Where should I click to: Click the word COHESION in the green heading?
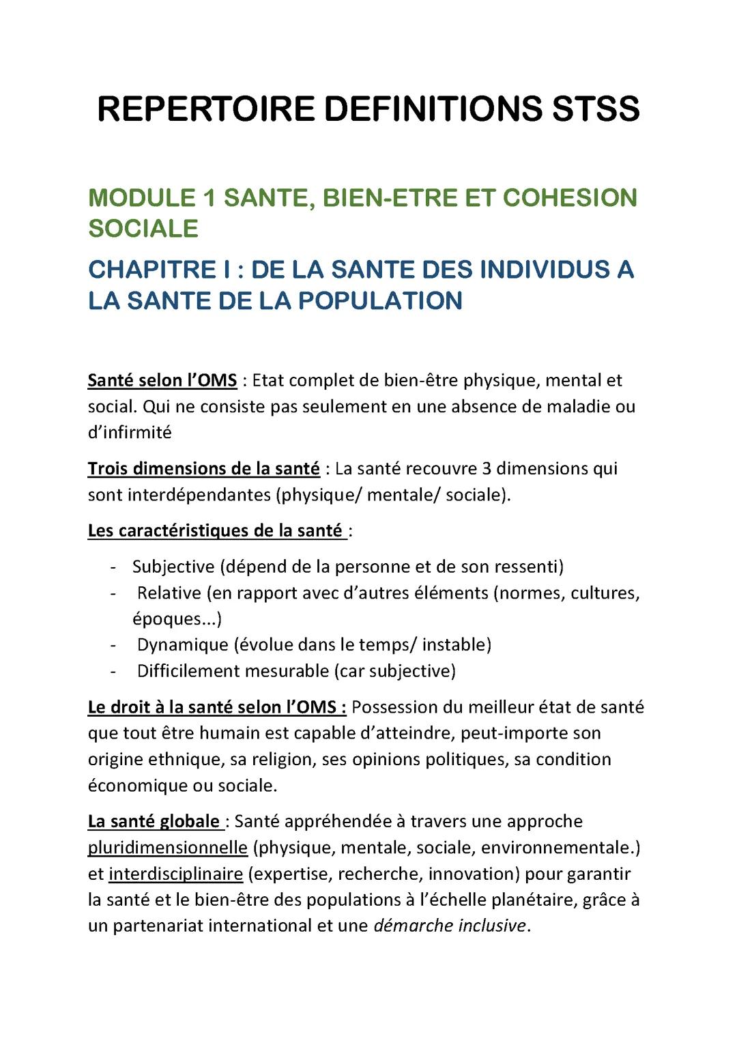click(x=570, y=198)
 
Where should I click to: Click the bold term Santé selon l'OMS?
click(x=162, y=380)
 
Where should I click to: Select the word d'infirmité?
click(x=130, y=432)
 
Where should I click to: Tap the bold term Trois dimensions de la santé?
click(x=203, y=468)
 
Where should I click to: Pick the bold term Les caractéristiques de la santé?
click(x=216, y=530)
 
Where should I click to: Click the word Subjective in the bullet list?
click(x=173, y=567)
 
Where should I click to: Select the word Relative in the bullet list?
click(x=169, y=592)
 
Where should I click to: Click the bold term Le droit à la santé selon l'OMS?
click(x=216, y=707)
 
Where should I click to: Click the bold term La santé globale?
click(x=154, y=821)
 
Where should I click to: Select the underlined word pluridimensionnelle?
click(x=167, y=847)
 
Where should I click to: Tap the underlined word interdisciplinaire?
click(x=175, y=873)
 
